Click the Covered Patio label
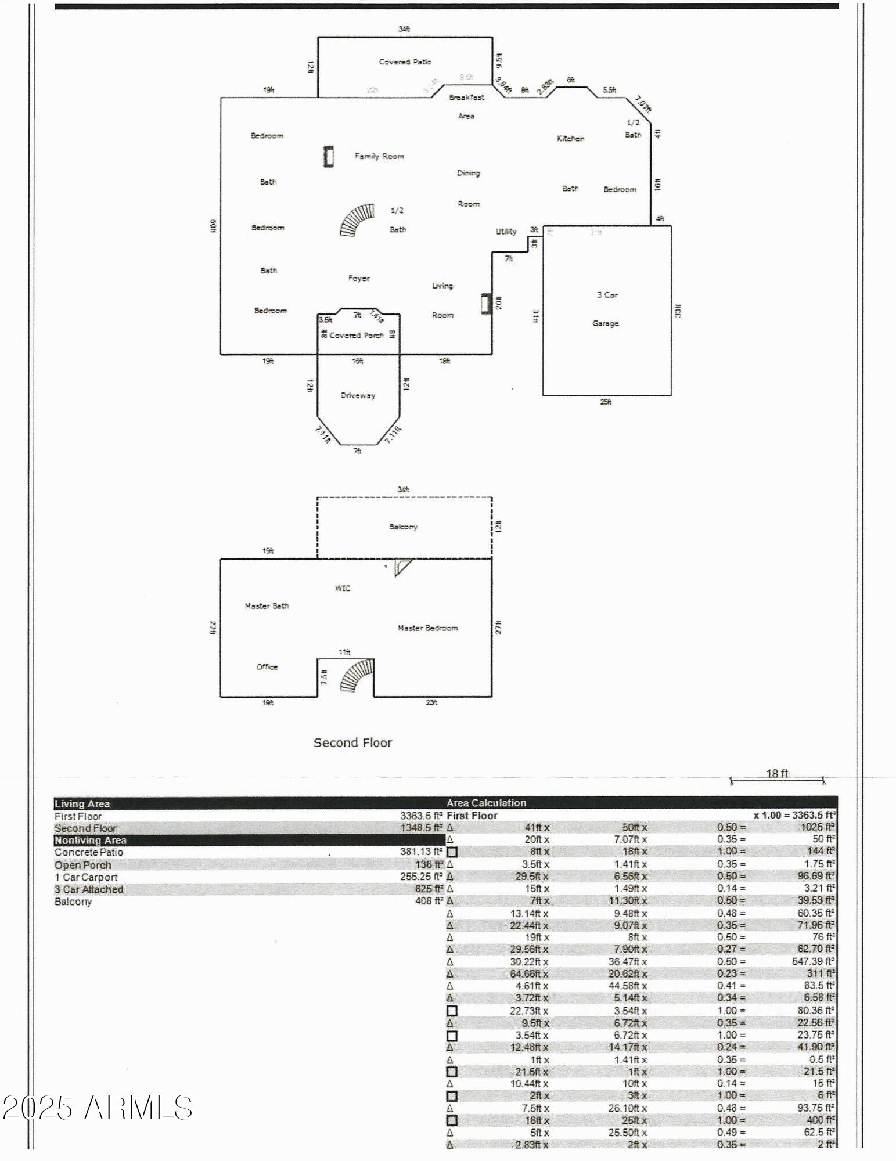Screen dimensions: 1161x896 pyautogui.click(x=405, y=62)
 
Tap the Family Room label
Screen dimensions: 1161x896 pyautogui.click(x=379, y=156)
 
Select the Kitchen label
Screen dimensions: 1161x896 pyautogui.click(x=570, y=138)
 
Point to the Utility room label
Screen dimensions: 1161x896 pyautogui.click(x=506, y=232)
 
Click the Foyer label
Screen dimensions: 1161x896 pyautogui.click(x=359, y=278)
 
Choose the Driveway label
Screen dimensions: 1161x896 pyautogui.click(x=358, y=395)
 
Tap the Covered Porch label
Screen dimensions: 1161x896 pyautogui.click(x=357, y=335)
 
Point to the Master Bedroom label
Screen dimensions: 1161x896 pyautogui.click(x=427, y=628)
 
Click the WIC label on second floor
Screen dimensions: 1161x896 pyautogui.click(x=343, y=588)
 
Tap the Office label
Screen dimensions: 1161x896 pyautogui.click(x=267, y=666)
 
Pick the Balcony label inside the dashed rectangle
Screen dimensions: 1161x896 pyautogui.click(x=403, y=527)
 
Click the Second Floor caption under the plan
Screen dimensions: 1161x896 pyautogui.click(x=352, y=742)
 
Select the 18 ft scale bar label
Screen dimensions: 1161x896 pyautogui.click(x=777, y=773)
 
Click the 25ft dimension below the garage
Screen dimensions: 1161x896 pyautogui.click(x=605, y=402)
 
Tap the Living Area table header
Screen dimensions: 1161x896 pyautogui.click(x=82, y=803)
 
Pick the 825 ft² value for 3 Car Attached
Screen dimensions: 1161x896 pyautogui.click(x=429, y=889)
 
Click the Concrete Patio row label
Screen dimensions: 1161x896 pyautogui.click(x=89, y=852)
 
